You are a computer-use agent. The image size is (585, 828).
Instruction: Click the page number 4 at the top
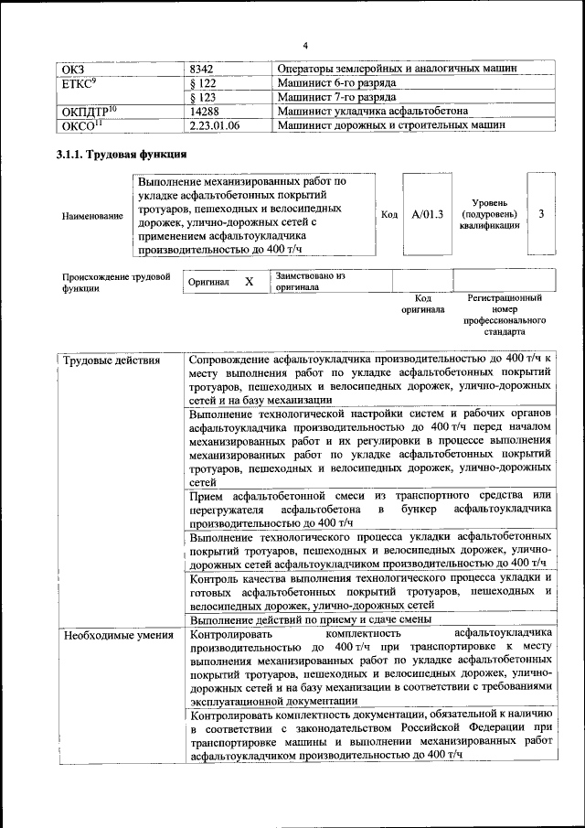pos(306,46)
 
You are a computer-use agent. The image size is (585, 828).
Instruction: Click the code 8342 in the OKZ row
pos(202,69)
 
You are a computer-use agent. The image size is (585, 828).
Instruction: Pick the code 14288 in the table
pos(205,111)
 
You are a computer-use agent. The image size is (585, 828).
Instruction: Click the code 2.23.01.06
pos(214,124)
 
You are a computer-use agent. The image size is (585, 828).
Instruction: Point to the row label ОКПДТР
pos(90,111)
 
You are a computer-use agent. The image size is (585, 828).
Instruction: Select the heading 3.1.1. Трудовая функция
pos(122,155)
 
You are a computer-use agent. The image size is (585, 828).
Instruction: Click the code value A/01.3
pos(427,214)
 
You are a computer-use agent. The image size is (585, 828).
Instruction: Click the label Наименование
pos(92,216)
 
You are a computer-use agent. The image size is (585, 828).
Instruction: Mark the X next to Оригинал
pos(249,283)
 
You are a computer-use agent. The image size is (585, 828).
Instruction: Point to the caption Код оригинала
pos(422,304)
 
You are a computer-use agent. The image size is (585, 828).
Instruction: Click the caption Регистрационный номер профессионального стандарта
pos(504,316)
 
